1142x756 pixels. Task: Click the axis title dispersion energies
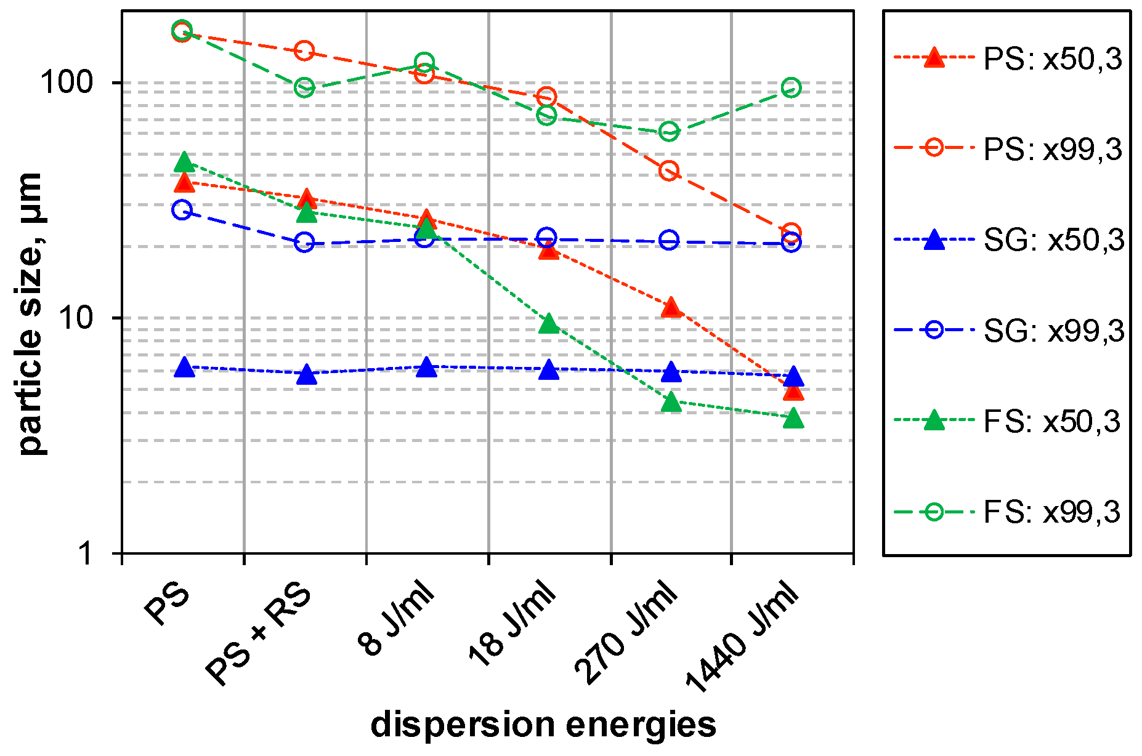(x=543, y=724)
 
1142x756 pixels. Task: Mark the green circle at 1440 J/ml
(x=791, y=88)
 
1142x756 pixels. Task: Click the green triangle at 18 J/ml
(x=548, y=324)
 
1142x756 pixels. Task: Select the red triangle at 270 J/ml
(x=671, y=307)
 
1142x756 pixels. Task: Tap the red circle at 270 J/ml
(x=669, y=171)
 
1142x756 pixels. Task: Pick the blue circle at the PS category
(x=182, y=211)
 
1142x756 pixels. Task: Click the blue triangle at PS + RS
(x=306, y=374)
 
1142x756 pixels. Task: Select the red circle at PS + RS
(x=304, y=50)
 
